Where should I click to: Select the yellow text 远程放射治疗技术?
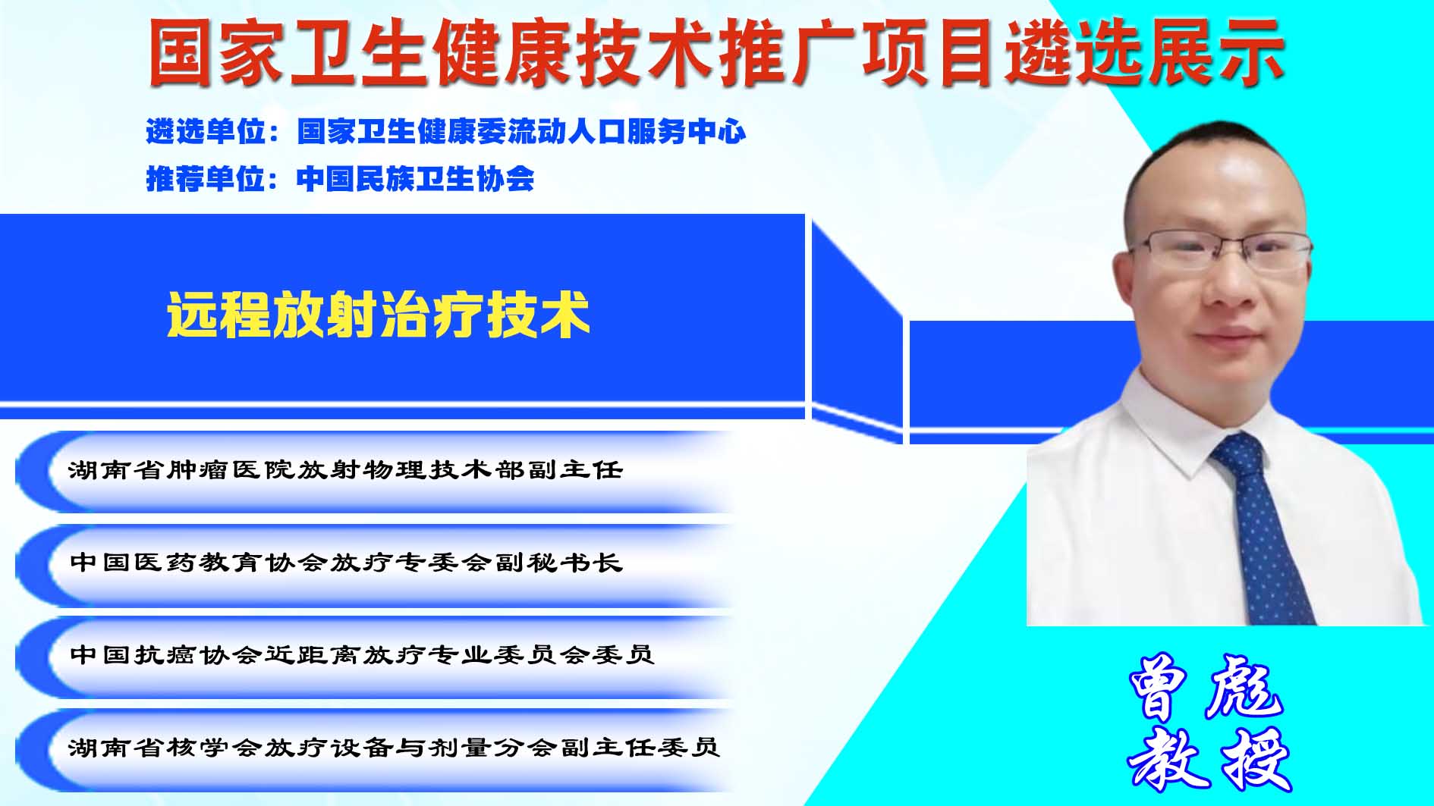[x=378, y=315]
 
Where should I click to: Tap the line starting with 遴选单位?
[x=446, y=132]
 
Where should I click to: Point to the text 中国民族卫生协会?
[x=416, y=179]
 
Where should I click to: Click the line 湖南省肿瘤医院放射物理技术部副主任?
[x=345, y=470]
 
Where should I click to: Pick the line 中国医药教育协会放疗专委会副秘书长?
[x=345, y=563]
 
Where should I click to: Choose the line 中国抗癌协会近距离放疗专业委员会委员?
[x=361, y=654]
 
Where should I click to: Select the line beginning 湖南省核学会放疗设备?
[x=394, y=748]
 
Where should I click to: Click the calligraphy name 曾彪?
[x=1205, y=686]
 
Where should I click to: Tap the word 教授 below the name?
[x=1209, y=760]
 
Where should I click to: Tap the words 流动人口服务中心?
[x=627, y=132]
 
